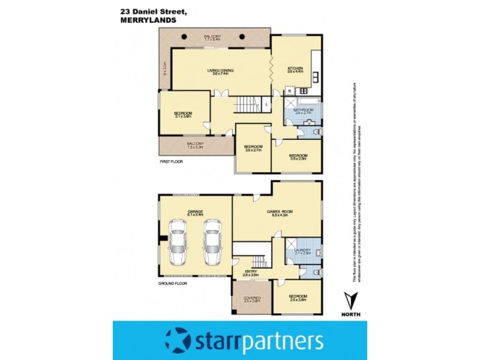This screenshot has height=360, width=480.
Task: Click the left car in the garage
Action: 177,242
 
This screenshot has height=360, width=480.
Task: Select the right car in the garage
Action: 212,242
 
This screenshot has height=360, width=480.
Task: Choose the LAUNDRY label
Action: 303,251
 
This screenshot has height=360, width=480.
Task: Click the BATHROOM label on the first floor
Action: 303,110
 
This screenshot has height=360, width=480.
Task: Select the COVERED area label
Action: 251,298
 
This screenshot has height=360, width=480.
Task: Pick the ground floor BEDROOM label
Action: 298,297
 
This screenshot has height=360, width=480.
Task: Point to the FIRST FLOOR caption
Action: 171,163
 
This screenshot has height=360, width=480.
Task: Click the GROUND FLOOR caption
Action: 174,282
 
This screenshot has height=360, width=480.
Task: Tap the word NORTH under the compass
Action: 350,315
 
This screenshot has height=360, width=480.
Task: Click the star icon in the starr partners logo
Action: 178,341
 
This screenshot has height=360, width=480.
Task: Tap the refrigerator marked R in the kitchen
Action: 289,91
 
